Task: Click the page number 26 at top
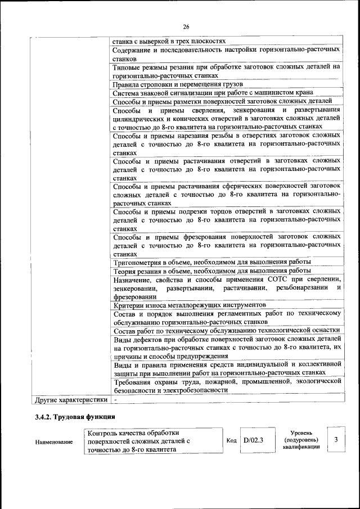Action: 186,26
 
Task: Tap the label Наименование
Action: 55,443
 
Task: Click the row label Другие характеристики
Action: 71,400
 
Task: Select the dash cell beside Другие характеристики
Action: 115,400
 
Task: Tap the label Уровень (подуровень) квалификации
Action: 302,439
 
